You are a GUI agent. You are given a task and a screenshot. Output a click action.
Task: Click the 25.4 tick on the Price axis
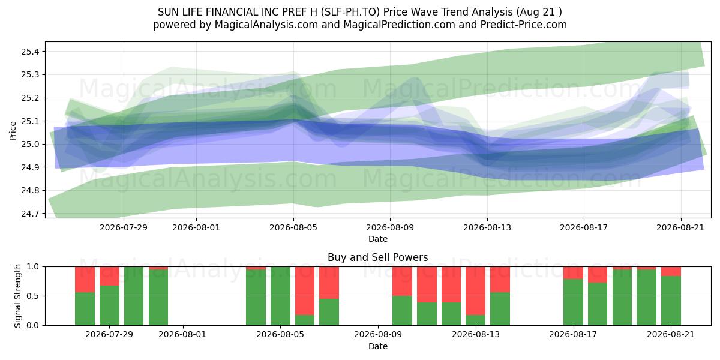[30, 52]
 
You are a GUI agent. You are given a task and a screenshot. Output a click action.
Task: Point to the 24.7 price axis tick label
[30, 214]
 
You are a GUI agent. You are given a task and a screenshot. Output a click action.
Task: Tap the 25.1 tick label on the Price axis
[30, 121]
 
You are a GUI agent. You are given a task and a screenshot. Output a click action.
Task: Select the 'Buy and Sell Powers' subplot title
[377, 257]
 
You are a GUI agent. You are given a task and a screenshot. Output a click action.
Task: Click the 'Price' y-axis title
[13, 131]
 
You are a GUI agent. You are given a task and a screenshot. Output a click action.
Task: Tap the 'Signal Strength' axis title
[17, 296]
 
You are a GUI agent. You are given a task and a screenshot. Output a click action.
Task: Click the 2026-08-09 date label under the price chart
[390, 227]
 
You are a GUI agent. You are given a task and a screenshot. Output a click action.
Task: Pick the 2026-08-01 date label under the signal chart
[182, 335]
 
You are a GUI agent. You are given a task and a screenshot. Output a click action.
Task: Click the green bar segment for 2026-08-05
[280, 296]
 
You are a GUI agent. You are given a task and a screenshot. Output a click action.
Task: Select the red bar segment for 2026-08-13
[475, 290]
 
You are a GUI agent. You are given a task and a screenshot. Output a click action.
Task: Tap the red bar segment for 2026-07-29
[109, 276]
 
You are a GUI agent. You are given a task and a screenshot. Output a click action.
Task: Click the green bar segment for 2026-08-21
[671, 301]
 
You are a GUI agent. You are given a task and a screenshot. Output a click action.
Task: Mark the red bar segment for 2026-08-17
[573, 273]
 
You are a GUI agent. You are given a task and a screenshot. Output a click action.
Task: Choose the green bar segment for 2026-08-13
[475, 320]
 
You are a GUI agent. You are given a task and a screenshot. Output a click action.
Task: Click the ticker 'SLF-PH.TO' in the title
[350, 12]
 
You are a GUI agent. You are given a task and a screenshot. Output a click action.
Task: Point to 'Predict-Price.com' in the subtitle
[524, 25]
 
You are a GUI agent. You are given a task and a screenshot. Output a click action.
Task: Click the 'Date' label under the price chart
[377, 239]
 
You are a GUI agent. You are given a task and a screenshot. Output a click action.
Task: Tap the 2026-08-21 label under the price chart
[680, 227]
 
